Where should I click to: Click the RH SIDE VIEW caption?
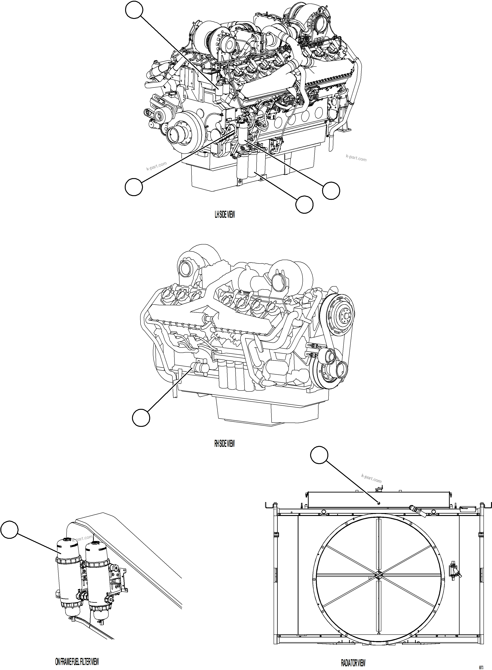(224, 444)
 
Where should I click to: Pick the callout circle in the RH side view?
(141, 418)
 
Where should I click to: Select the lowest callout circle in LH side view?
(304, 204)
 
